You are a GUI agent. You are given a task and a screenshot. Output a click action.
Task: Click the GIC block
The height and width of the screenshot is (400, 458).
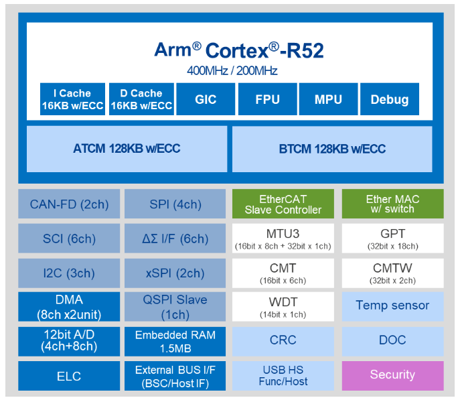[x=206, y=99]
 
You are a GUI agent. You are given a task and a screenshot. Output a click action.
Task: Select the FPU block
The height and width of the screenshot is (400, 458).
[x=268, y=99]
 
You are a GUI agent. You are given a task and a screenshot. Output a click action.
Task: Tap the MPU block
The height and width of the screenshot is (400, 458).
[x=328, y=99]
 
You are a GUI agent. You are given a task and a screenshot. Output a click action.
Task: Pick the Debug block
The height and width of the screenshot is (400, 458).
[x=390, y=99]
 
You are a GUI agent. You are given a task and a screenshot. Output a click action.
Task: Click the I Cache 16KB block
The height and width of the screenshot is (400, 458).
[x=72, y=99]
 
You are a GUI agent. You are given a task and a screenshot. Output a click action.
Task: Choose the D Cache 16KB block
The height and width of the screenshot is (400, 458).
[x=141, y=99]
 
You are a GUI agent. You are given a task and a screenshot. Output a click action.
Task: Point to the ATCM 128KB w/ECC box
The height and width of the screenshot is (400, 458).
[x=127, y=149]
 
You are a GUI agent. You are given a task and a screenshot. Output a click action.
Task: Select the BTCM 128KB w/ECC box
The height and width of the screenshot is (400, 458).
[x=332, y=149]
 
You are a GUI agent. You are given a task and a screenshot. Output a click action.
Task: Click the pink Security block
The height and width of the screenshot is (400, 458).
[x=392, y=375]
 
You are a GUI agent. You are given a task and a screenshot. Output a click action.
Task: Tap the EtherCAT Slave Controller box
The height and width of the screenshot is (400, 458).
[x=283, y=204]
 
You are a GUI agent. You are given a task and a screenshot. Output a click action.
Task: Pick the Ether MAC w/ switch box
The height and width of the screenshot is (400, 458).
[x=392, y=204]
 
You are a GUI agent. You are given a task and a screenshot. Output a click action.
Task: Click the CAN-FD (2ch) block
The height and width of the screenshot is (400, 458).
[x=69, y=204]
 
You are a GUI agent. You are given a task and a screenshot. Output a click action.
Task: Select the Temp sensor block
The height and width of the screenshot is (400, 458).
[x=392, y=306]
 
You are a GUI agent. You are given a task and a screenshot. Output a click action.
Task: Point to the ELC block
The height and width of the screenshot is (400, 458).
[x=69, y=375]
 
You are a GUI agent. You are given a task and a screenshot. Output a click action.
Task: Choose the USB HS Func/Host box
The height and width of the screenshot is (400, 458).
[x=283, y=375]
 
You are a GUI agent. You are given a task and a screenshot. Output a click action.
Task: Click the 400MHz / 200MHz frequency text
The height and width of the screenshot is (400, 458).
[x=232, y=71]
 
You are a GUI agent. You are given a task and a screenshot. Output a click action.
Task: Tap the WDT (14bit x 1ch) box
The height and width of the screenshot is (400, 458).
[x=283, y=306]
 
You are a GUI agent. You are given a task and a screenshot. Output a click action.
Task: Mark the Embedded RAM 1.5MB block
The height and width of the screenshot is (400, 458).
[x=175, y=341]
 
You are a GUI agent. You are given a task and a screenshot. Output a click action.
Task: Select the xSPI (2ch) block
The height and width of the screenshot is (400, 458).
[x=175, y=273]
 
